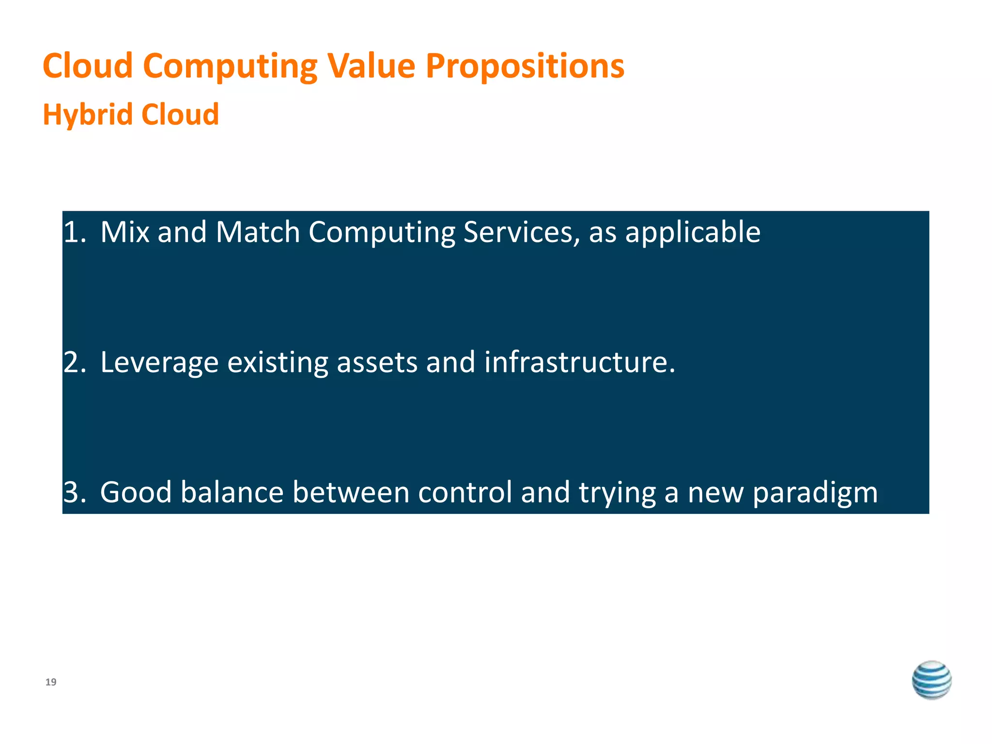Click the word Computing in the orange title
[x=230, y=66]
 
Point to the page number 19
[x=51, y=682]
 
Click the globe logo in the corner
[x=931, y=680]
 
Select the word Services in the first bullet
[x=521, y=232]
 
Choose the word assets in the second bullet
[x=377, y=363]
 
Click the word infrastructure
[x=579, y=362]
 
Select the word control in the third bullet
[x=465, y=492]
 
